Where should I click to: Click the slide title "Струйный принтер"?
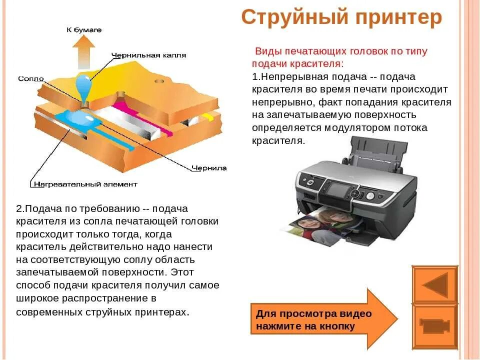point(341,17)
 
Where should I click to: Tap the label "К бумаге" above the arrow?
point(84,30)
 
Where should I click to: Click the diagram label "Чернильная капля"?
point(149,55)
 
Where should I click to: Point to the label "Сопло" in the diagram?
point(31,78)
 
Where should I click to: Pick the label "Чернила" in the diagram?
point(209,168)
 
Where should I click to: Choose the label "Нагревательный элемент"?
point(85,184)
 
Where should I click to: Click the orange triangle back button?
point(434,285)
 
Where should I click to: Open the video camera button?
point(434,326)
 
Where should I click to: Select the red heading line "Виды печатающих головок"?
point(341,51)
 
